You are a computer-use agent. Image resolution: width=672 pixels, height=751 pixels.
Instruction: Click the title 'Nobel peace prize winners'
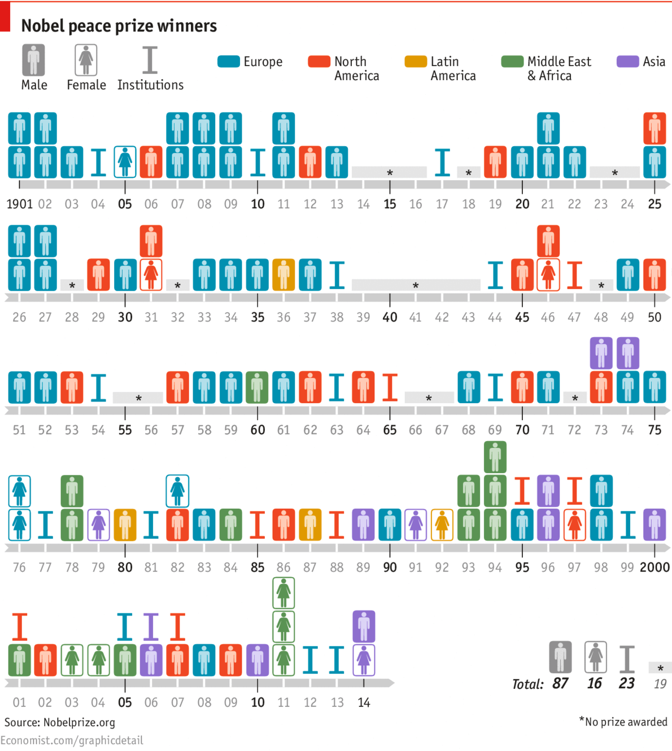[119, 26]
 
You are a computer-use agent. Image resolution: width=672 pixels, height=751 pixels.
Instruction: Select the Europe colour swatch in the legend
[228, 62]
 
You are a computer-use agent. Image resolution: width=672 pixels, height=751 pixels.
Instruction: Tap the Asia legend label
[654, 62]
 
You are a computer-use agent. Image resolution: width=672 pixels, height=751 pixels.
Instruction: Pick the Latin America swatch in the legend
[415, 62]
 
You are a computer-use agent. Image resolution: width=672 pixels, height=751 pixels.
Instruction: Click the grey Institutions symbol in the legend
[150, 60]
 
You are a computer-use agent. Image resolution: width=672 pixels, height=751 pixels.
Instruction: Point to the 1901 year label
[19, 204]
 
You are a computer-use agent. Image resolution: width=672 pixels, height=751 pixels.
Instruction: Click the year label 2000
[654, 567]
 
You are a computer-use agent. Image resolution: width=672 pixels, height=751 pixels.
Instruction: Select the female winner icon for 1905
[125, 162]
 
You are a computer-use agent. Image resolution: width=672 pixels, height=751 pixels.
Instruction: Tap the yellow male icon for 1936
[283, 274]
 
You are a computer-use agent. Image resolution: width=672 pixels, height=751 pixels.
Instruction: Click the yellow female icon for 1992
[442, 525]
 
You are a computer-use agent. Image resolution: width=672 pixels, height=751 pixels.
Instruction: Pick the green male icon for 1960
[257, 387]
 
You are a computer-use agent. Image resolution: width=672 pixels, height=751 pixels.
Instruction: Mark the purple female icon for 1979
[98, 525]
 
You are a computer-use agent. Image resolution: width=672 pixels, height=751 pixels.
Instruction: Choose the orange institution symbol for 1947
[574, 275]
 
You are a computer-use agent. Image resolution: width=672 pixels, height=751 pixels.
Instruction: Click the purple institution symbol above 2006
[151, 626]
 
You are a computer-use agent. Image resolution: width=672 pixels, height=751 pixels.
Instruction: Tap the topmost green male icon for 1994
[495, 457]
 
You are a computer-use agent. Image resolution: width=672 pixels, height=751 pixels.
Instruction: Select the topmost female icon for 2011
[283, 593]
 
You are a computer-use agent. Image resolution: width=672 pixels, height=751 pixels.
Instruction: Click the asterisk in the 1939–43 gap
[416, 286]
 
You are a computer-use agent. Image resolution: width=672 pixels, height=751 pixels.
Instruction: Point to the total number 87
[560, 683]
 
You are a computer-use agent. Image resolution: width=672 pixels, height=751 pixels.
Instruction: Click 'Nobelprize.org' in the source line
[79, 722]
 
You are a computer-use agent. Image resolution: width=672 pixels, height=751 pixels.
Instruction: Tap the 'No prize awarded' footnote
[626, 722]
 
